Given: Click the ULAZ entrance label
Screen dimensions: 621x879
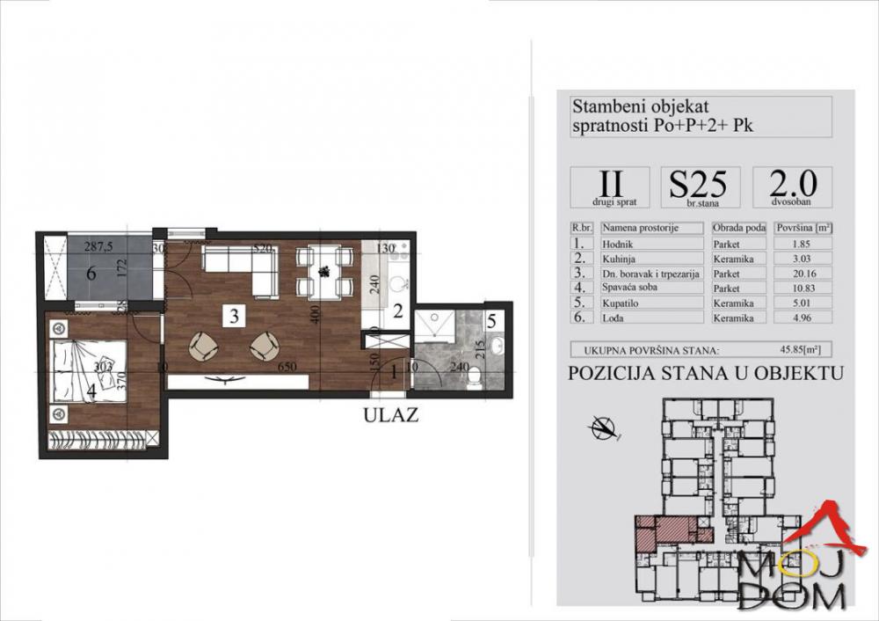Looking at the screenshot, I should pos(389,415).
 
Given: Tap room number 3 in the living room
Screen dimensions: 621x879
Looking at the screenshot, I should pos(232,317).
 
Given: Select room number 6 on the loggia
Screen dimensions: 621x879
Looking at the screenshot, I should pos(91,274).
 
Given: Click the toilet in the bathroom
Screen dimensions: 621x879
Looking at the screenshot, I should pos(476,376).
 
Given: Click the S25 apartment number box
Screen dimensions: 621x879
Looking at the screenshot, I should pos(700,187).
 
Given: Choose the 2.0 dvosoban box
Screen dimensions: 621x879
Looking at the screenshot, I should pos(792,187).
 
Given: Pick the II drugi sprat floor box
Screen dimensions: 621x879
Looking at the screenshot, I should pos(610,187).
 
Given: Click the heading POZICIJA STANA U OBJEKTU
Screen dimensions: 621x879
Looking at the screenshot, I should pos(706,373).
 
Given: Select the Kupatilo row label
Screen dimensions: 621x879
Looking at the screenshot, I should pos(650,302).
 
